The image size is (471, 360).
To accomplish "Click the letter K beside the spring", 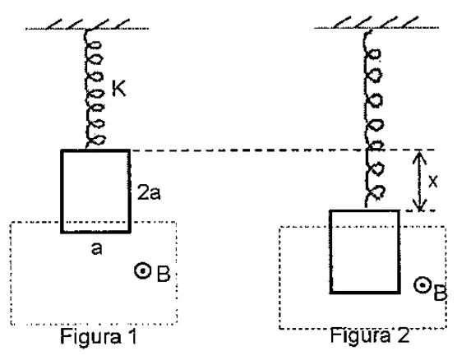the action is point(119,88).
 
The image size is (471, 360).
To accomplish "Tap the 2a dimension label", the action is point(149,192).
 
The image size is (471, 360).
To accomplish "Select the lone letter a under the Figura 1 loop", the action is point(96,249).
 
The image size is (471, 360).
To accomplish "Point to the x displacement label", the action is point(433,181).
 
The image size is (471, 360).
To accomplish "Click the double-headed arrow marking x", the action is point(419,181).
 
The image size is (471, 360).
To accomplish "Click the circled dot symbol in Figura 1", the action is point(142,271).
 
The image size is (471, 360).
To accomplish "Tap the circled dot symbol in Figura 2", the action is point(423,285).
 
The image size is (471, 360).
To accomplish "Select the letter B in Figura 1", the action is point(164,274).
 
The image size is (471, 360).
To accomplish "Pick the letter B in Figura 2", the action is point(441,293).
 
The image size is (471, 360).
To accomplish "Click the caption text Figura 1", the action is point(99,336).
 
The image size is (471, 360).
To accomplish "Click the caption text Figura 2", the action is point(370,335).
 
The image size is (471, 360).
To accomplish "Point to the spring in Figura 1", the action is point(94,89).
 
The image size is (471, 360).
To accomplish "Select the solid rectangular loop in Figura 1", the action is point(62,192).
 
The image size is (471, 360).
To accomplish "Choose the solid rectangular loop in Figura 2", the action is point(330,252).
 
